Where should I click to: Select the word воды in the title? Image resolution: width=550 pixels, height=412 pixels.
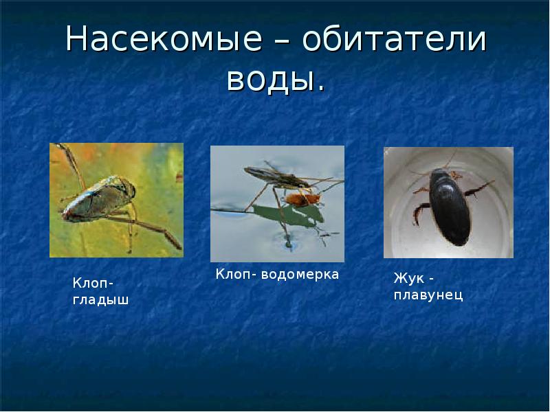(269, 80)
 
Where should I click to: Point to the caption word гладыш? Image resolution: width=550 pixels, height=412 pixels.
(101, 299)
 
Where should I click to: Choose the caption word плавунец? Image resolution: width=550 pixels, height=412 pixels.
(428, 295)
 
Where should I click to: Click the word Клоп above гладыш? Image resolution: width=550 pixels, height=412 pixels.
(92, 284)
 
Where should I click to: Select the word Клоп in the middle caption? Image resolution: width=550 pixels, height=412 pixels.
(234, 274)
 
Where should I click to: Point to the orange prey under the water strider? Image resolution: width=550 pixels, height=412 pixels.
(302, 199)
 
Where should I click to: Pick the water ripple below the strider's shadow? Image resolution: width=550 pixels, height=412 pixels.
(287, 242)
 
